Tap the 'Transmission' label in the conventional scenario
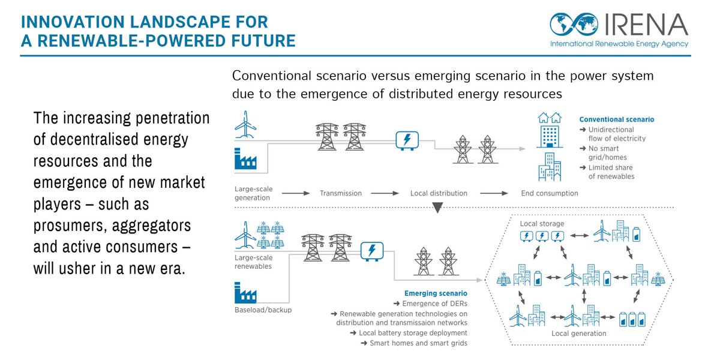coord(341,193)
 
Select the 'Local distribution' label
coord(439,193)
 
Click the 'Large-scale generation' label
coord(253,193)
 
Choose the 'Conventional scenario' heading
coord(617,119)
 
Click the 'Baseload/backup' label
coord(260,310)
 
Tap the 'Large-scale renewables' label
coord(253,262)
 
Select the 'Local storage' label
coord(542,224)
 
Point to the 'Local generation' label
coord(578,333)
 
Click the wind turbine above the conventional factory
coord(245,124)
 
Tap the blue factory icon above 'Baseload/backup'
coord(245,294)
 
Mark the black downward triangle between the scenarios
coord(437,208)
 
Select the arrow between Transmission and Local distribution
coord(386,193)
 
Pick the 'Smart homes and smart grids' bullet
coord(414,343)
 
